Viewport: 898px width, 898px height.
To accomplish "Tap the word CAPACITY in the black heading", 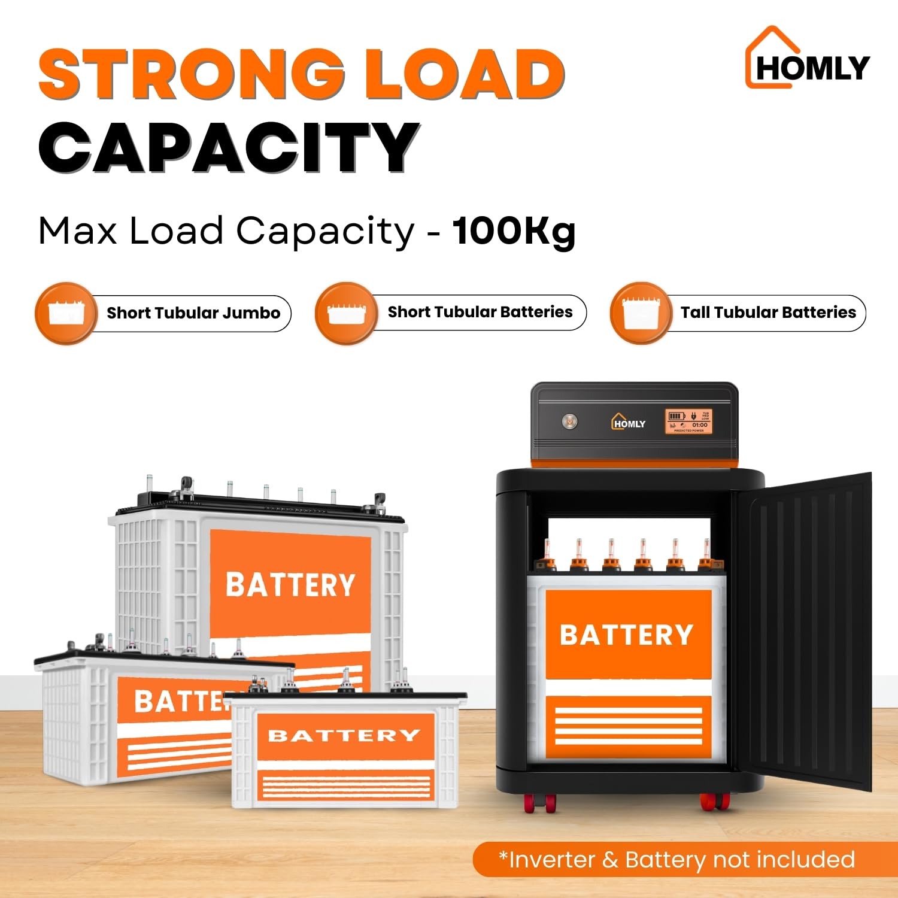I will pyautogui.click(x=229, y=147).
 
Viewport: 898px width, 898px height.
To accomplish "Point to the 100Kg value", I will pyautogui.click(x=514, y=232).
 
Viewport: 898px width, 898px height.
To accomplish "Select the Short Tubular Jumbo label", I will pyautogui.click(x=193, y=313).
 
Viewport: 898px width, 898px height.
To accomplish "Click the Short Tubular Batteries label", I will pyautogui.click(x=480, y=312).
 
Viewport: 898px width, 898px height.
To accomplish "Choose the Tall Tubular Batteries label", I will pyautogui.click(x=768, y=313).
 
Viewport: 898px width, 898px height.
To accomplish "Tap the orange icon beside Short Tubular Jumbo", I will pyautogui.click(x=65, y=313).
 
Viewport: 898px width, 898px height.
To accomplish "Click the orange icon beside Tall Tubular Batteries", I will pyautogui.click(x=640, y=313).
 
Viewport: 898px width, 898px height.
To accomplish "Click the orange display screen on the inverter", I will pyautogui.click(x=688, y=421).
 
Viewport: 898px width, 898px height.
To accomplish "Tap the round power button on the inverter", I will pyautogui.click(x=569, y=422).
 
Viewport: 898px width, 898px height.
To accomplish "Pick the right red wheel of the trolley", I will pyautogui.click(x=714, y=802).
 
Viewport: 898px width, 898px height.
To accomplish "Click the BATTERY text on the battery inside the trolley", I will pyautogui.click(x=626, y=635).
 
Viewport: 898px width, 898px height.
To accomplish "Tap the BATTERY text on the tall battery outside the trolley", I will pyautogui.click(x=290, y=585).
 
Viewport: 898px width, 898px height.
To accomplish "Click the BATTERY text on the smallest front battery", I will pyautogui.click(x=344, y=735).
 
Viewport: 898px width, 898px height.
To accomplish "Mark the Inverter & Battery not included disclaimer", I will pyautogui.click(x=676, y=860).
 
